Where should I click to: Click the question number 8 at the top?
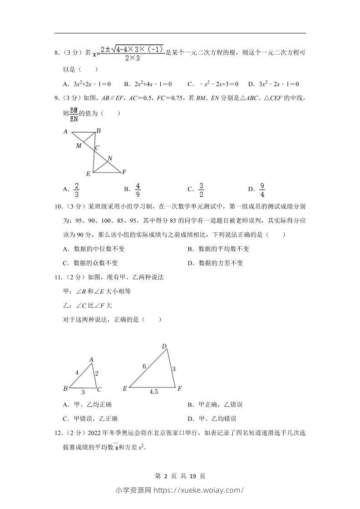click(57, 53)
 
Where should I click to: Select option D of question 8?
click(273, 84)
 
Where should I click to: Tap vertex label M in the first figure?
click(79, 146)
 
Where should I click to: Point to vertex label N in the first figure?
click(109, 159)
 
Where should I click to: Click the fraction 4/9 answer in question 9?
click(138, 189)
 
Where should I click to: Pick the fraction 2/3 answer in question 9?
click(77, 189)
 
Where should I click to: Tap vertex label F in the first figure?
click(124, 172)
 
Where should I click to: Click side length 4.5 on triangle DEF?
click(153, 392)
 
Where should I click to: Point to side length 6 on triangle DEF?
click(144, 366)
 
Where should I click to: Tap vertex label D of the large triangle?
click(164, 347)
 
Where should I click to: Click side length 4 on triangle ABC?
click(77, 372)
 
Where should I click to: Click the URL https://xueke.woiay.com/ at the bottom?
click(199, 490)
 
